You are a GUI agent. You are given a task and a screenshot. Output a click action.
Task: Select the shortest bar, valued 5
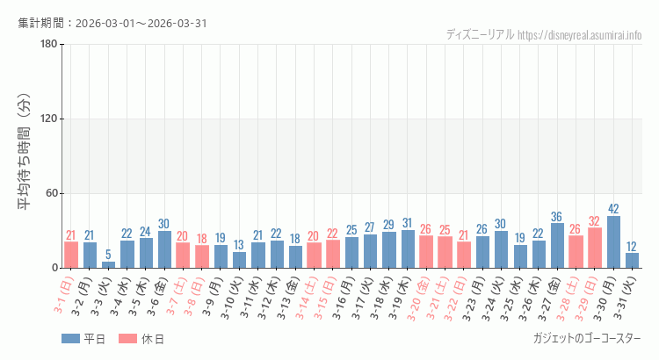point(108,264)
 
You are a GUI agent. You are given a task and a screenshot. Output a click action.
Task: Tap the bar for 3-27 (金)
point(557,246)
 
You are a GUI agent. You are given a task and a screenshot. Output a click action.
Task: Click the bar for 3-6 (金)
point(164,249)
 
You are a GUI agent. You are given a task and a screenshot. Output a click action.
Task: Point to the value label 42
point(613,209)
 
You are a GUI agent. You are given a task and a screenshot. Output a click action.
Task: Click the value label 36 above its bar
point(557,217)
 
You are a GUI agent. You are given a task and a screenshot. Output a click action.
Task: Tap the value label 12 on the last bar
point(633,247)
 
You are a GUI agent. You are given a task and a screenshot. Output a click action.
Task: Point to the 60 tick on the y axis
point(51,193)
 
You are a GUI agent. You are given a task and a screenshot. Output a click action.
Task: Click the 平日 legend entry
point(83,339)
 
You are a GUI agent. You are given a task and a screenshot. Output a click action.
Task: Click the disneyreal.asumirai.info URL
point(580,34)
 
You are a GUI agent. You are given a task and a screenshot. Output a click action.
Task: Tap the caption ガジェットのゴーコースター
point(586,338)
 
